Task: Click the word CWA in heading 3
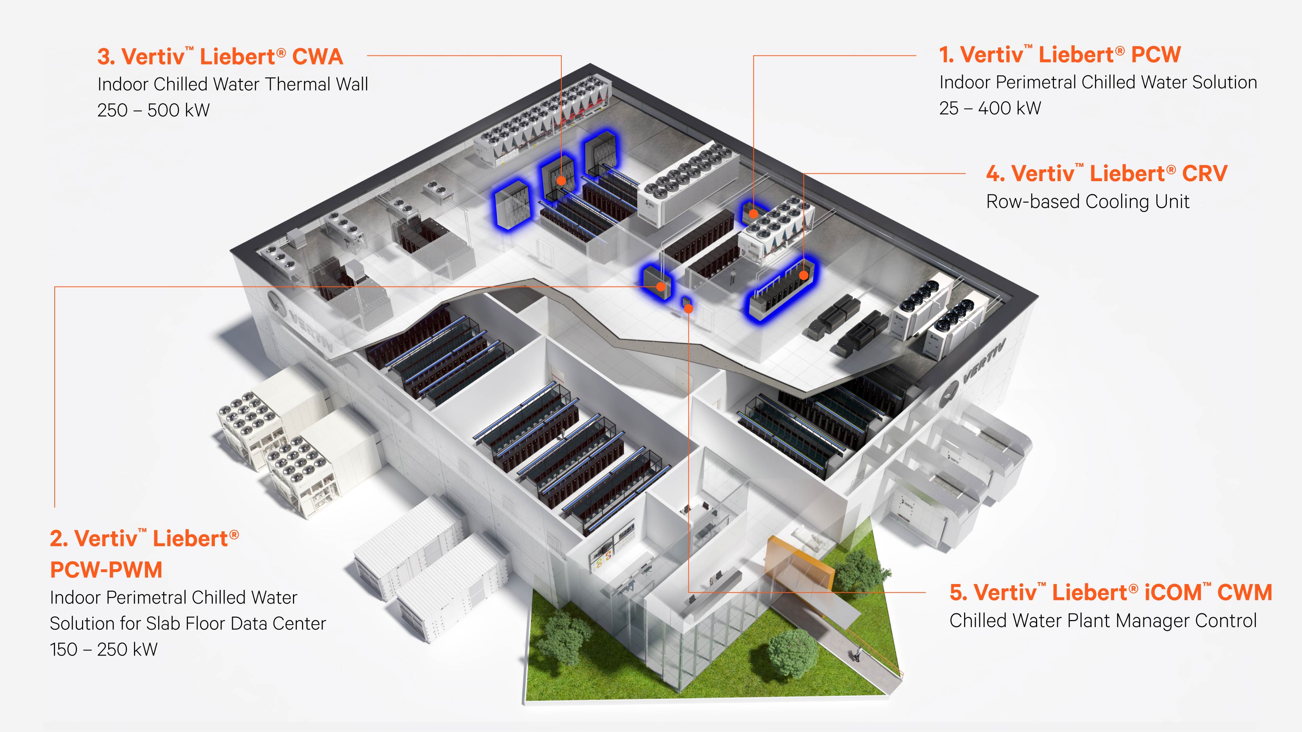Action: (318, 57)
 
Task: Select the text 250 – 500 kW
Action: (153, 110)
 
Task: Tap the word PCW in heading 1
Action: (1156, 55)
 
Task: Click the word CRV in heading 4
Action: (1204, 173)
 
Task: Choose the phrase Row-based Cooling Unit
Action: (1088, 201)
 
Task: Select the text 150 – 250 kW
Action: (104, 649)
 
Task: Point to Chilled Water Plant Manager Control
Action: (1103, 621)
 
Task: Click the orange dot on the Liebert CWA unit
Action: (561, 180)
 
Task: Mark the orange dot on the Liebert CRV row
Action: (804, 275)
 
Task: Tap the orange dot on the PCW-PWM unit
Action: (661, 287)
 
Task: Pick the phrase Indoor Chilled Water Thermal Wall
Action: (232, 84)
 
